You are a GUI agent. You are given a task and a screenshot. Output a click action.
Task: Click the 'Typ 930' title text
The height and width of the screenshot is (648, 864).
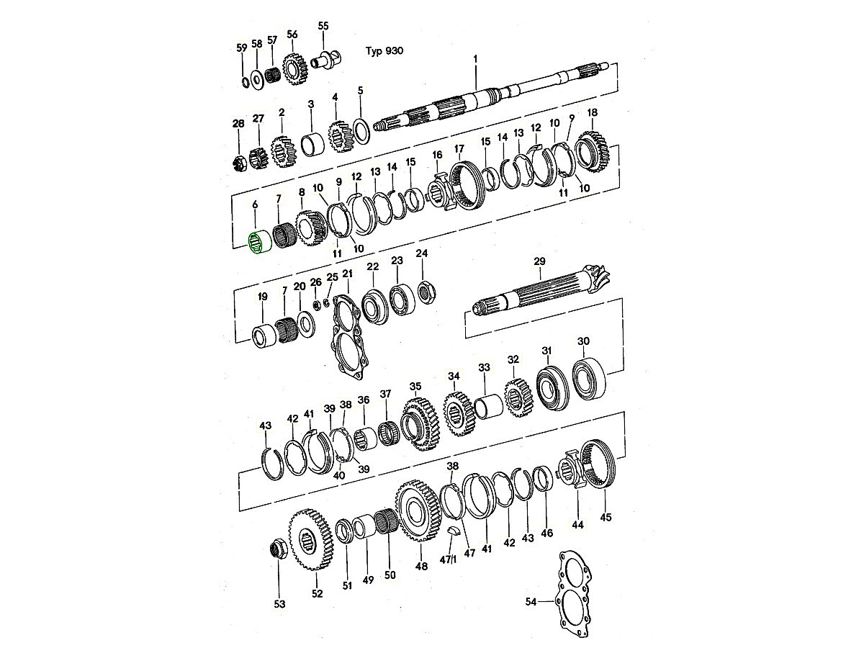point(384,50)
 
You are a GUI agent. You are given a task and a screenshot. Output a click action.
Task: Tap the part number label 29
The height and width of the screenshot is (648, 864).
point(539,261)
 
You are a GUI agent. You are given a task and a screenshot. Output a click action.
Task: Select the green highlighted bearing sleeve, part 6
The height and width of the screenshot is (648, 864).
point(260,243)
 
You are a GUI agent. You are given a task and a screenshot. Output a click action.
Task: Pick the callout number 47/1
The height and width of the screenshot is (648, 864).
point(448,559)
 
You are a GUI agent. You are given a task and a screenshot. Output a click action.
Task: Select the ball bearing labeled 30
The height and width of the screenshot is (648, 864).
point(589,378)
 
